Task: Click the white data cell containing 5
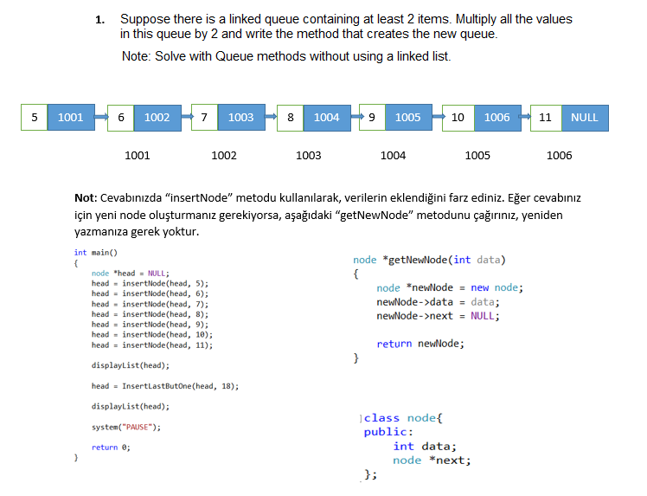[x=34, y=118]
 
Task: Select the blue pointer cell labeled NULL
[x=584, y=118]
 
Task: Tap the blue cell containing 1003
[x=240, y=118]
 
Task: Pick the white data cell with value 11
[x=545, y=118]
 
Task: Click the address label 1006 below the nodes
[x=559, y=156]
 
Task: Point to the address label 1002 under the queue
[x=224, y=156]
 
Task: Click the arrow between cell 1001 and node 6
[x=99, y=118]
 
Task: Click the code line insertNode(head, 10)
[x=152, y=334]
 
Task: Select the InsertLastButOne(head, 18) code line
[x=165, y=386]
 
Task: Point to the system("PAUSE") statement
[x=126, y=428]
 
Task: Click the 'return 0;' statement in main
[x=111, y=448]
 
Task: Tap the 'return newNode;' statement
[x=420, y=344]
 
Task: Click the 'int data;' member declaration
[x=425, y=446]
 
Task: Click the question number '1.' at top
[x=101, y=19]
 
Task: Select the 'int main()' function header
[x=96, y=252]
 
